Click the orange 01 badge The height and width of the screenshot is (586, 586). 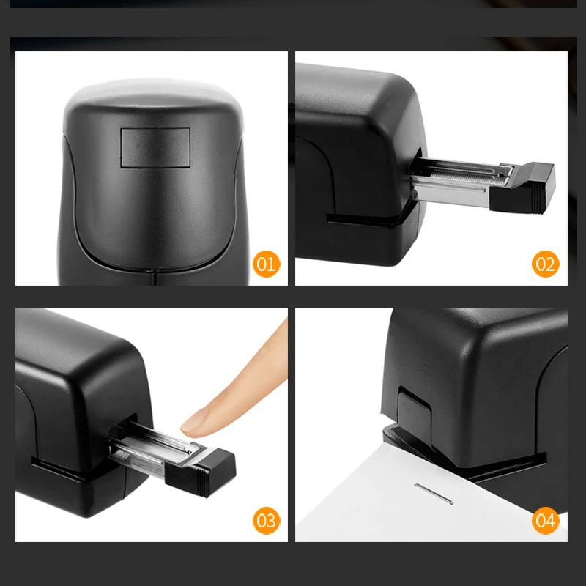tap(266, 263)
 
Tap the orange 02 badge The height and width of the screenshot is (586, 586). tap(546, 263)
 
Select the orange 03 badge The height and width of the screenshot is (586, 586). tap(266, 520)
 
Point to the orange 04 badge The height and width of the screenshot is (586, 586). tap(546, 520)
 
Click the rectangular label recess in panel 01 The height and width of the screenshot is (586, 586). tap(155, 146)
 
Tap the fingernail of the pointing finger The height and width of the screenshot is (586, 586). tap(196, 419)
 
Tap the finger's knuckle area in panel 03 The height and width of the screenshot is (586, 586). tap(267, 352)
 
